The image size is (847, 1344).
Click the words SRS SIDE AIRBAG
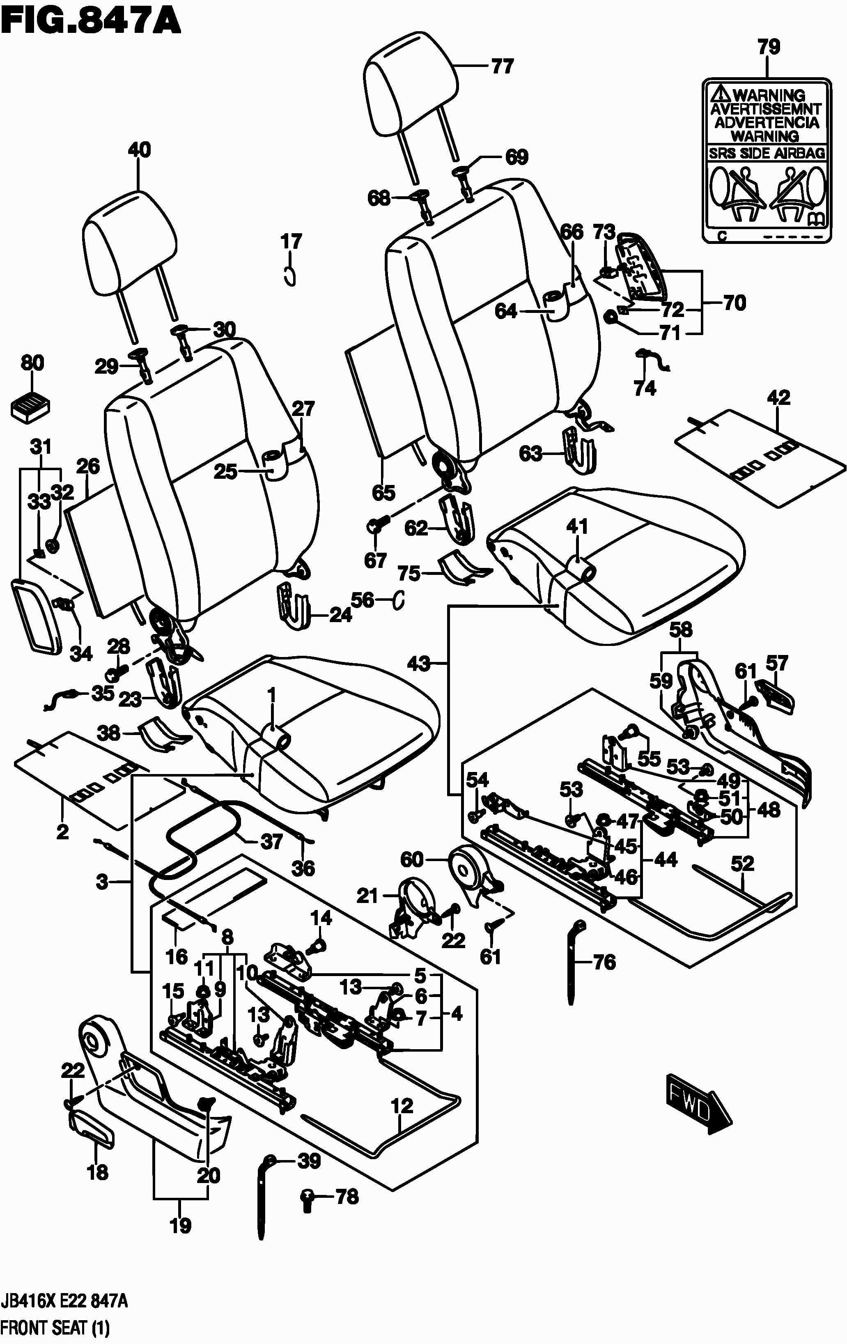pyautogui.click(x=766, y=153)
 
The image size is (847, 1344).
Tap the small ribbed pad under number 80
pyautogui.click(x=31, y=404)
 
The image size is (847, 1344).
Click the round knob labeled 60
pyautogui.click(x=468, y=868)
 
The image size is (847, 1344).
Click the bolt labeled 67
pyautogui.click(x=374, y=525)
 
